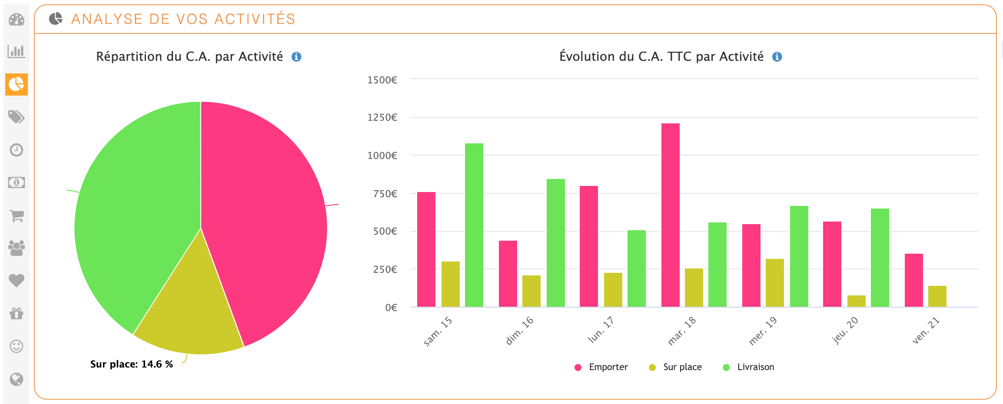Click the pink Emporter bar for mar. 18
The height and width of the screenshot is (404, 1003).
[x=670, y=215]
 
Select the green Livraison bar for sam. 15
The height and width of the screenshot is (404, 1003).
[x=474, y=225]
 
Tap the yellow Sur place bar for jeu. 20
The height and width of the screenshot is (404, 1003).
[x=856, y=301]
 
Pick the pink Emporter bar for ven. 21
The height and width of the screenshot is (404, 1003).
[x=913, y=280]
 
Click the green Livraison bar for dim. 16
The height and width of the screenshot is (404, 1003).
[x=555, y=243]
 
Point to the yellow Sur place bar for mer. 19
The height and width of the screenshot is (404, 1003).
[x=774, y=283]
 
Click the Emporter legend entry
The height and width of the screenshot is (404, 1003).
[x=601, y=367]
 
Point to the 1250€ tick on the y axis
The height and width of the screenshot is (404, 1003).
[x=382, y=117]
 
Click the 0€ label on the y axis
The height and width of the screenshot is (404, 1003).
[x=391, y=308]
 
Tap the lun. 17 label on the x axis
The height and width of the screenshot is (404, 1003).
[x=601, y=330]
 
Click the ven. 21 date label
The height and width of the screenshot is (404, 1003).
[x=926, y=331]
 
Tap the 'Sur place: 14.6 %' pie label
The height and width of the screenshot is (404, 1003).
[x=131, y=364]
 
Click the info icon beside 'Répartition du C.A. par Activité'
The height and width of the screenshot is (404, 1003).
[x=296, y=57]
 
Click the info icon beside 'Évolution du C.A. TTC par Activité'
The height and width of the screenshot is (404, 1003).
[x=777, y=57]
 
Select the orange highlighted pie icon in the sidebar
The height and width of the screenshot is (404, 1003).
[x=17, y=84]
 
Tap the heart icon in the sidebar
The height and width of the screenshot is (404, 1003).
[x=17, y=281]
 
